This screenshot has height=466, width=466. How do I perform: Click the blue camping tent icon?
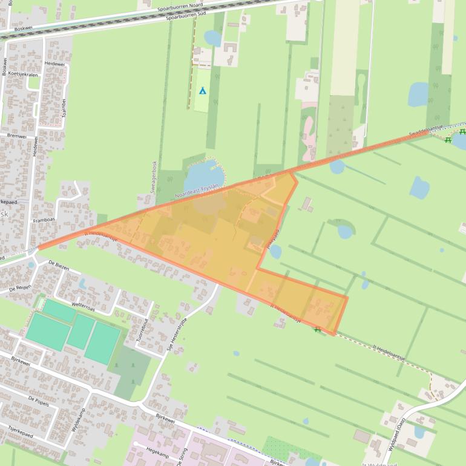(x=203, y=91)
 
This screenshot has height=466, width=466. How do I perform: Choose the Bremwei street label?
(x=17, y=137)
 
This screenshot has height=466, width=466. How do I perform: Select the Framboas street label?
(x=44, y=221)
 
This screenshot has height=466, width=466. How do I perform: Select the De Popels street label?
(x=39, y=399)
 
